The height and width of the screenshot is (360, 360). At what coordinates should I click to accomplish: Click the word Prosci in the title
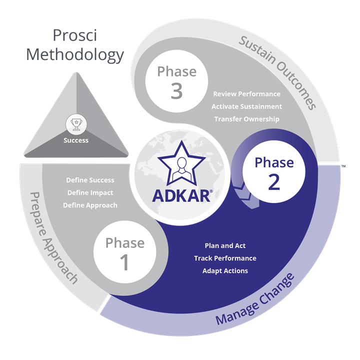[x=74, y=35]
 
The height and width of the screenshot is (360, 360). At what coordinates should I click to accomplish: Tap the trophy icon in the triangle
[x=76, y=123]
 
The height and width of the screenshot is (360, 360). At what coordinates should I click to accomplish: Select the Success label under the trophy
[x=76, y=140]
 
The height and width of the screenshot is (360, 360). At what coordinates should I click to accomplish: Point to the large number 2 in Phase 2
[x=274, y=182]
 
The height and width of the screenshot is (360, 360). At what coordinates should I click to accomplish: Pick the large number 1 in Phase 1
[x=125, y=262]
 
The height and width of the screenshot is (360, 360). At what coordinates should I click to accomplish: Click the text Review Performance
[x=246, y=94]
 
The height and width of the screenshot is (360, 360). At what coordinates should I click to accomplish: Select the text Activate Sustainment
[x=246, y=106]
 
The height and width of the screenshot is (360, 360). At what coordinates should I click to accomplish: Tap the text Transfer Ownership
[x=246, y=119]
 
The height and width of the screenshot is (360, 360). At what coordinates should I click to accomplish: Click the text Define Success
[x=90, y=180]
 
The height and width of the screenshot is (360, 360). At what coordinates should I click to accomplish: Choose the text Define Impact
[x=90, y=192]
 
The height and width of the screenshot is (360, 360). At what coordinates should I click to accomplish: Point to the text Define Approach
[x=90, y=205]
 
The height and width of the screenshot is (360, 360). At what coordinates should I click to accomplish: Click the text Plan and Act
[x=225, y=245]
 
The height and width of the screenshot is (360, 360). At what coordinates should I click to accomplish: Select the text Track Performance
[x=225, y=258]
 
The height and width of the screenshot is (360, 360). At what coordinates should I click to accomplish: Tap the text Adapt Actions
[x=225, y=270]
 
